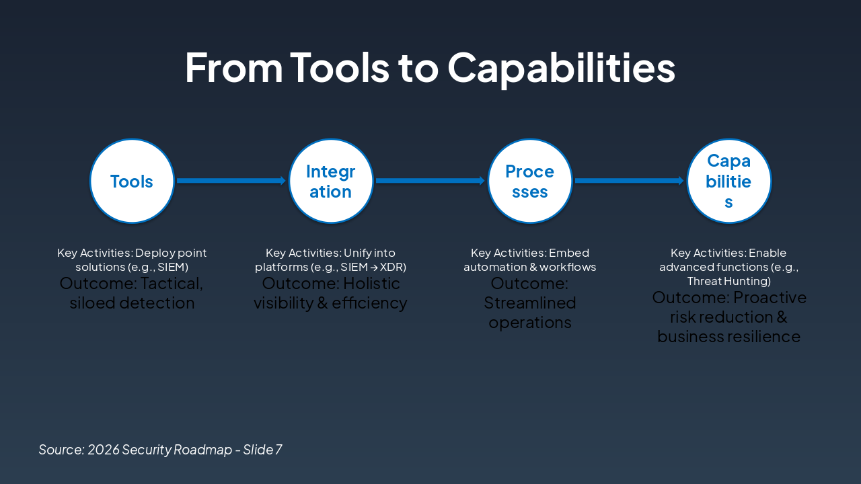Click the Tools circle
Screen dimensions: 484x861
coord(132,181)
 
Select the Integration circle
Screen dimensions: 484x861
coord(331,181)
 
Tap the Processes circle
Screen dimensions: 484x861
coord(530,181)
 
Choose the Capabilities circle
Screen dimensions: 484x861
coord(729,181)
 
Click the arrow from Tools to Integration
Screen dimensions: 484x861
coord(231,181)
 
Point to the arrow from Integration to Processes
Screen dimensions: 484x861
coord(430,181)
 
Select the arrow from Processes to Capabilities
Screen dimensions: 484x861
coord(629,181)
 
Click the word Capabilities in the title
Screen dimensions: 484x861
coord(561,68)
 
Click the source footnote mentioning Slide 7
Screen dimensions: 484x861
coord(160,450)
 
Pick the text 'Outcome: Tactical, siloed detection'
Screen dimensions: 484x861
coord(132,293)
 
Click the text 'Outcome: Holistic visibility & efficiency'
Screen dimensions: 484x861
coord(330,293)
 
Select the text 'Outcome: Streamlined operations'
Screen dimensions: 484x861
coord(530,302)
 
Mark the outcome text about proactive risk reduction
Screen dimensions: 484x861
coord(729,317)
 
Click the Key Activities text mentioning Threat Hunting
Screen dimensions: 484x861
coord(728,267)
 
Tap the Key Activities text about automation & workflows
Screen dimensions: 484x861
coord(530,260)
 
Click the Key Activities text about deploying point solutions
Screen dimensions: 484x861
coord(132,260)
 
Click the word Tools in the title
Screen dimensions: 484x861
coord(340,68)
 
